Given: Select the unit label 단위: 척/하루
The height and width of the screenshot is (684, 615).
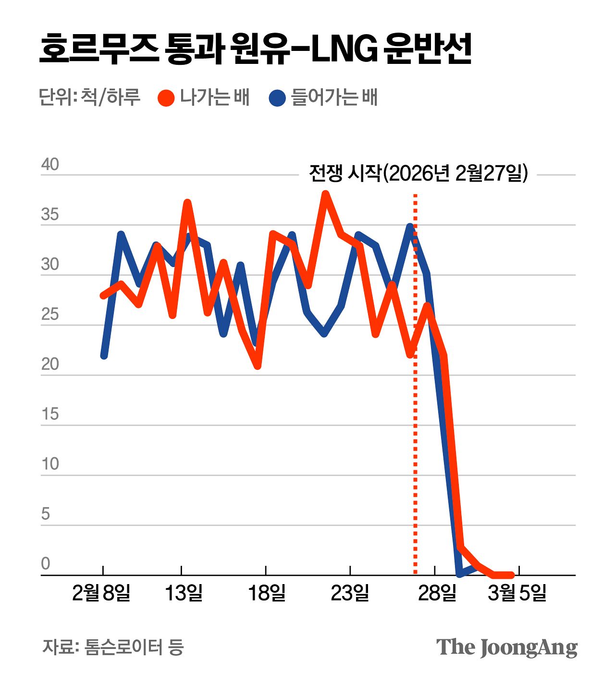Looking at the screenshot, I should pyautogui.click(x=89, y=97).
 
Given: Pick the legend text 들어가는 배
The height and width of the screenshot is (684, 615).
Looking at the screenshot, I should pyautogui.click(x=334, y=97).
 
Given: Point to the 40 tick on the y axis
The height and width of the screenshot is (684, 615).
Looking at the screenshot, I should pyautogui.click(x=50, y=164).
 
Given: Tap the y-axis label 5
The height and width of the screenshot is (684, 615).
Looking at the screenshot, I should pyautogui.click(x=46, y=514).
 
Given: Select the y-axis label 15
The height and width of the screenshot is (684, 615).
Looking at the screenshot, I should pyautogui.click(x=50, y=414).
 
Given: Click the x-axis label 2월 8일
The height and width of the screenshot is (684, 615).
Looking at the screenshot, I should pyautogui.click(x=101, y=593).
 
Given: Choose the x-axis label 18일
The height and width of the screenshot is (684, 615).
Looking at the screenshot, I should pyautogui.click(x=267, y=593).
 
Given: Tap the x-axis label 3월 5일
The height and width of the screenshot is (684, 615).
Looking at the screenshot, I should pyautogui.click(x=517, y=593).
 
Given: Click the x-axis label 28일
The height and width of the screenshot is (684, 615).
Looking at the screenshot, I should pyautogui.click(x=437, y=593).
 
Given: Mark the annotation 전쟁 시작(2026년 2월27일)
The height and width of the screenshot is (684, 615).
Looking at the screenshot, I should pyautogui.click(x=418, y=173).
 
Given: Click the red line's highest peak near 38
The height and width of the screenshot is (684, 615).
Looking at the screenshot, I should pyautogui.click(x=325, y=194).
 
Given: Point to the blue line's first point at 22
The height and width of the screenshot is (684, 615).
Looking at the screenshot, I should pyautogui.click(x=104, y=355).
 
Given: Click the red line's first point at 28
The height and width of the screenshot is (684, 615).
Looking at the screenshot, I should pyautogui.click(x=103, y=295).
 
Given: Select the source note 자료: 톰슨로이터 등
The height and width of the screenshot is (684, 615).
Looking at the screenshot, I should pyautogui.click(x=113, y=647).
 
